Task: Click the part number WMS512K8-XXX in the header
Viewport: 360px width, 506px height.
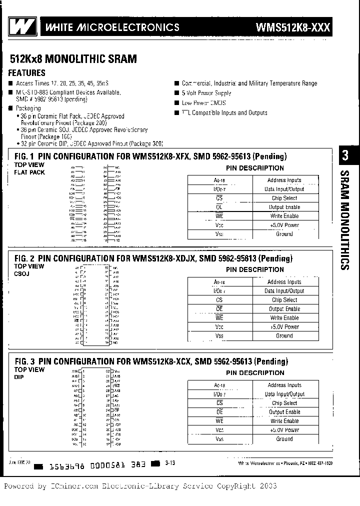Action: [x=293, y=27]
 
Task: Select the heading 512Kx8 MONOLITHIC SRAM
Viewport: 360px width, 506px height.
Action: [x=73, y=59]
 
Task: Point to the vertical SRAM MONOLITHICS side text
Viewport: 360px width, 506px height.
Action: [x=345, y=220]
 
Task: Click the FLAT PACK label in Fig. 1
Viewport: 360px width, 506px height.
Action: [x=29, y=172]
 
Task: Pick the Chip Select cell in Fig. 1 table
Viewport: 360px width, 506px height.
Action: [x=284, y=198]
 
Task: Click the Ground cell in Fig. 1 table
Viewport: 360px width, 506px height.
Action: [x=284, y=234]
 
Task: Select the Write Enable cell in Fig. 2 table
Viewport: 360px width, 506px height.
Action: [x=284, y=318]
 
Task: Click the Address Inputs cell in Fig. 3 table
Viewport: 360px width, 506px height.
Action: [x=284, y=385]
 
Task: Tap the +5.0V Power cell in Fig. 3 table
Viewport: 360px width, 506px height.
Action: [x=284, y=430]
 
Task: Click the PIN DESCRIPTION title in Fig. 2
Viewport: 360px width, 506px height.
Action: [x=254, y=269]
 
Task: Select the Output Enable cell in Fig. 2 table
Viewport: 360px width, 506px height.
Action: [x=284, y=309]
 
